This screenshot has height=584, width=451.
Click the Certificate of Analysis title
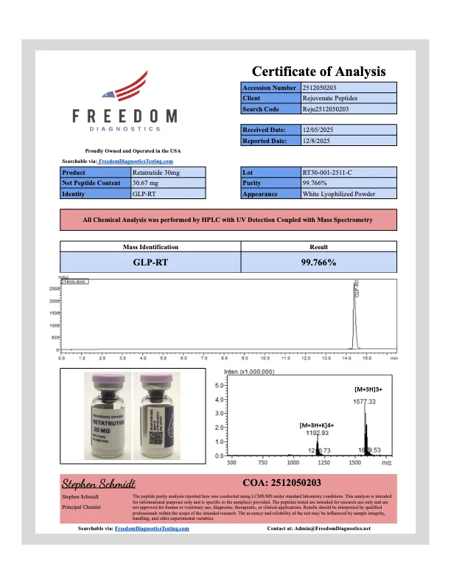(318, 72)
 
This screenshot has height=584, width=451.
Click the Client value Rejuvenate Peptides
(330, 98)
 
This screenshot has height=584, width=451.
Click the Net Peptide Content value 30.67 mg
(147, 183)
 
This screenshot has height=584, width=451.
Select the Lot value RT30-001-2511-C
(329, 172)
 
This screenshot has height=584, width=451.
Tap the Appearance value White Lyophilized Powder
(339, 194)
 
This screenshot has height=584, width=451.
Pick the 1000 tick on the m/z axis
(293, 464)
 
